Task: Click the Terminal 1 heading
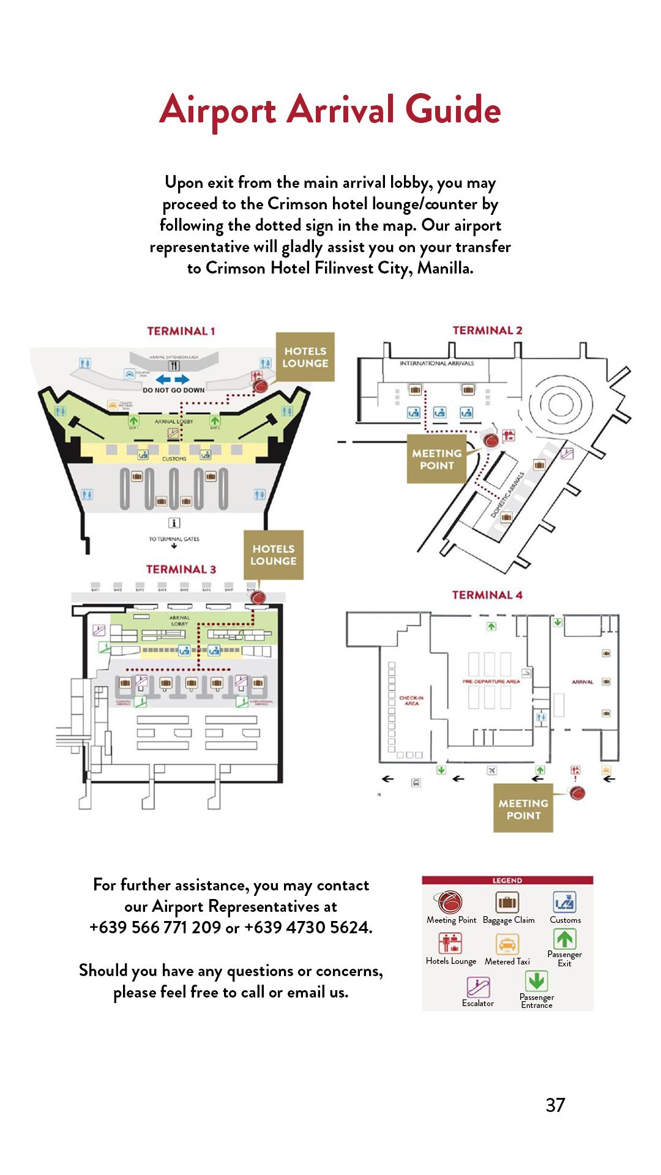(x=181, y=331)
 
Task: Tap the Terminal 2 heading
(x=487, y=330)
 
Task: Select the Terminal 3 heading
(x=181, y=569)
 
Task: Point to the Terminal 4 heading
(x=487, y=595)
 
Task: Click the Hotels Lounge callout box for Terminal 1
(x=305, y=357)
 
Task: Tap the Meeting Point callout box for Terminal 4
(x=523, y=809)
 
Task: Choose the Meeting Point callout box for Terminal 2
(x=436, y=459)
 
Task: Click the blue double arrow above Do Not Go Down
(x=173, y=380)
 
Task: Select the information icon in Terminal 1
(x=174, y=523)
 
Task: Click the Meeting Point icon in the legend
(x=450, y=901)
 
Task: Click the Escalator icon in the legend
(x=478, y=987)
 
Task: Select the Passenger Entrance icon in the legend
(x=536, y=982)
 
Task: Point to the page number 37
(x=555, y=1105)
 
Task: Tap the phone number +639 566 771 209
(x=155, y=927)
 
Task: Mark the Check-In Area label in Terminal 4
(x=411, y=701)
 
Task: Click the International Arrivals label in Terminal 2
(x=436, y=364)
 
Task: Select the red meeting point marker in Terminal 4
(x=577, y=793)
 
